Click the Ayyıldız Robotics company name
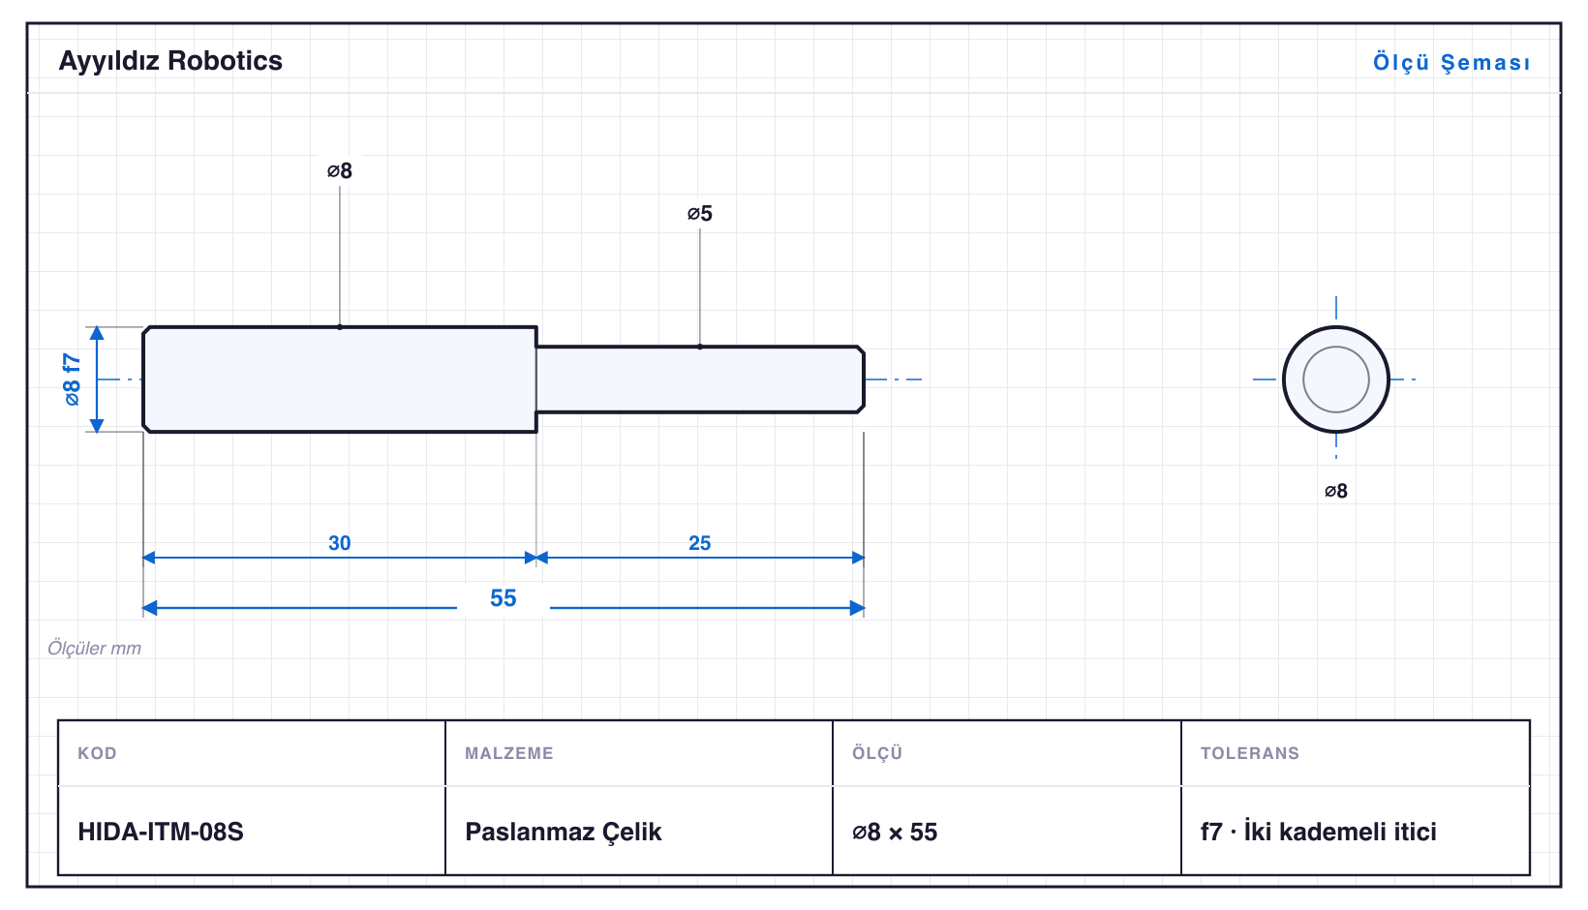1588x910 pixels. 170,61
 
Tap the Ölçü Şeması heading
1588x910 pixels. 1451,62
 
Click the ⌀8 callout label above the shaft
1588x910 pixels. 340,170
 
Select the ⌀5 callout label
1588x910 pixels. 700,213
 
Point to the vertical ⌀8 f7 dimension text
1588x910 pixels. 73,379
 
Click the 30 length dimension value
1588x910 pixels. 340,543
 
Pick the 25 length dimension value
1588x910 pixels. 700,543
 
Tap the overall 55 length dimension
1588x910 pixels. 504,598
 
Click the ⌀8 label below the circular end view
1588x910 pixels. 1335,491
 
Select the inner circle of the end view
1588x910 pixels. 1335,348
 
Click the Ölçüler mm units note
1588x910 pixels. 94,648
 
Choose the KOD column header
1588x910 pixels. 97,752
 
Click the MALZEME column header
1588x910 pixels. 509,752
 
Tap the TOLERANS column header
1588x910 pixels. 1250,752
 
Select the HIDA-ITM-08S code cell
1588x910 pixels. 161,832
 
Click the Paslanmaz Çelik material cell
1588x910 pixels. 563,832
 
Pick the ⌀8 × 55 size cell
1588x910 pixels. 895,832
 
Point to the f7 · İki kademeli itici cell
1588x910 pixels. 1319,832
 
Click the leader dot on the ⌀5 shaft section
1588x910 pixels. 700,347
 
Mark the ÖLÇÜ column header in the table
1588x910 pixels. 877,752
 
